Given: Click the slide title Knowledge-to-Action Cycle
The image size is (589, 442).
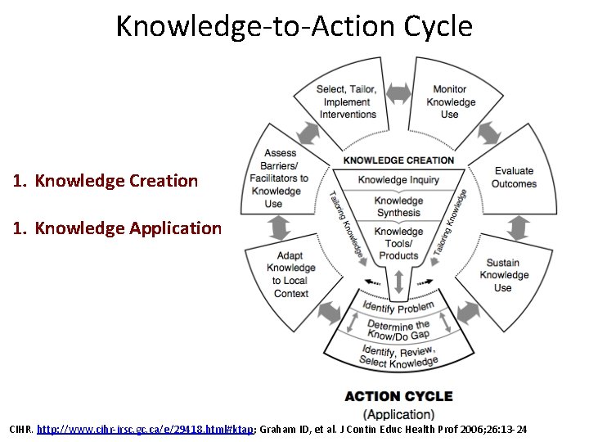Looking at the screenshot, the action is (x=294, y=26).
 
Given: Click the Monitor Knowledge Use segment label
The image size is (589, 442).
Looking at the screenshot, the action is (x=450, y=102).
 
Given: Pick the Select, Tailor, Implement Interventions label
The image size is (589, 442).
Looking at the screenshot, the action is (x=348, y=102).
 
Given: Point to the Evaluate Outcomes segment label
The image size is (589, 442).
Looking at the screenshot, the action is (x=514, y=178).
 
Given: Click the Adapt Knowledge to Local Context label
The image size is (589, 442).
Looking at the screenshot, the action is (x=290, y=274).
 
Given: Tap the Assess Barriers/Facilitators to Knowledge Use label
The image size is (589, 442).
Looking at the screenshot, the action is (x=280, y=178).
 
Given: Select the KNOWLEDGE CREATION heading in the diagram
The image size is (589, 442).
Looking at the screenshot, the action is (x=398, y=160).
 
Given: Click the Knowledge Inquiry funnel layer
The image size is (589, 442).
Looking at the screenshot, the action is (x=398, y=180).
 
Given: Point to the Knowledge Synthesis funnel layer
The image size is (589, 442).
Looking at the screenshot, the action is (x=398, y=207).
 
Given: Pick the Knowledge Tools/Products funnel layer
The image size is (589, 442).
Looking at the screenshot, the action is (x=398, y=243).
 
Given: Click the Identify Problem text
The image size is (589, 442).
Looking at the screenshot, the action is (x=398, y=307).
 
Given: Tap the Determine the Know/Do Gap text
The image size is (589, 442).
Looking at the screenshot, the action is (x=398, y=331).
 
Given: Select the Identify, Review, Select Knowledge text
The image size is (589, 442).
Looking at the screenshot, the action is (x=398, y=357).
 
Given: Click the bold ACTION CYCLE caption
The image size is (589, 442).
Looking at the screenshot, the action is (x=398, y=396).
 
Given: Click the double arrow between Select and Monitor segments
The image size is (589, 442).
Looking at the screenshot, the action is (x=399, y=94).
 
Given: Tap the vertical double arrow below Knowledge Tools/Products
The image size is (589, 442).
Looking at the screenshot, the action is (x=398, y=282).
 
